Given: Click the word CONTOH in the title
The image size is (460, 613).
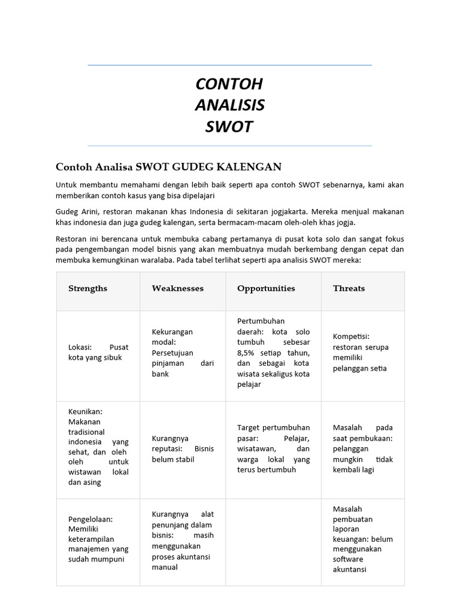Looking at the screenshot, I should coord(229,84).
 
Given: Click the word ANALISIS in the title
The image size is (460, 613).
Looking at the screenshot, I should coord(229,105).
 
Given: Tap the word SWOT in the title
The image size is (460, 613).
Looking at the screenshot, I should coord(229,127).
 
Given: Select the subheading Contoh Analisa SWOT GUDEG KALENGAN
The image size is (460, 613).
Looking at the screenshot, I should coord(168,166).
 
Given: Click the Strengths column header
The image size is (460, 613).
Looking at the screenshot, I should coord(87,289).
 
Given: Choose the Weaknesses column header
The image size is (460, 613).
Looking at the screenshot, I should coord(177,289).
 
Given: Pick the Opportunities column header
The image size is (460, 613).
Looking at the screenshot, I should coord(266,289).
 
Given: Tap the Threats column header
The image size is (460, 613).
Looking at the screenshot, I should coord(349,289).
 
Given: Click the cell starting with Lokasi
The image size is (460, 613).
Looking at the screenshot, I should coord(98,352).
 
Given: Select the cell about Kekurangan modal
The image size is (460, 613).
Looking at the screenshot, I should coord(182,353).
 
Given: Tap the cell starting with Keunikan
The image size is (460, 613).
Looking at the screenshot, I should coord(98,447).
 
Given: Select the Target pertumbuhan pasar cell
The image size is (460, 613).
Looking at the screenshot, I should coord(273,448).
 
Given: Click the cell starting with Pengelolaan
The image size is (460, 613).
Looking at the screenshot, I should coord(98,539).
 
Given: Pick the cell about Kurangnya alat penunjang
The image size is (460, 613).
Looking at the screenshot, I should coord(182,541).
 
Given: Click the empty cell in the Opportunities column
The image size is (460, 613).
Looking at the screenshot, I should coord(273,542).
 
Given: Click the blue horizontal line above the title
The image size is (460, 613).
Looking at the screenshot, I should coord(229,65).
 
